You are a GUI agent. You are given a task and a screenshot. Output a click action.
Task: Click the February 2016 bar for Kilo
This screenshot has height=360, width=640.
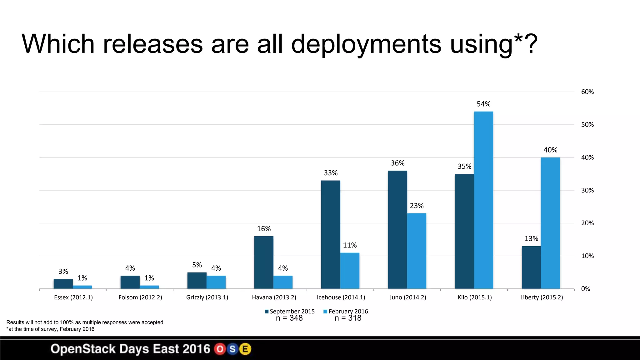483,200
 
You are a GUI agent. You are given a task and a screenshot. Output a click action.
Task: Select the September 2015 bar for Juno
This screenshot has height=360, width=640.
397,230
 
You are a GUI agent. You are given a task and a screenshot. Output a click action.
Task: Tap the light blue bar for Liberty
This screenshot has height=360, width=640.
550,223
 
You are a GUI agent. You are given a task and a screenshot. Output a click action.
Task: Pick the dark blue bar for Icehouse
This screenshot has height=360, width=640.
331,234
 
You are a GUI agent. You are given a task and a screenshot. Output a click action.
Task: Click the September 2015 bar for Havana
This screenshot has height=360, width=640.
264,262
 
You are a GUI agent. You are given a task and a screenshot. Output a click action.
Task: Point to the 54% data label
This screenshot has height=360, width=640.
483,104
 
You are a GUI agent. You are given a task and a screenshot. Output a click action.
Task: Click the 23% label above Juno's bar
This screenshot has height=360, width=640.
417,206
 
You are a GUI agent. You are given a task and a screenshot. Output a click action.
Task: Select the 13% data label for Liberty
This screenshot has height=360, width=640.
531,239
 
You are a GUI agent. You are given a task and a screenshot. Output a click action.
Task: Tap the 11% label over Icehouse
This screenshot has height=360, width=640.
350,245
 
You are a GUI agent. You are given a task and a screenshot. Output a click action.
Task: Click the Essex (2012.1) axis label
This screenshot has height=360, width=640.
73,297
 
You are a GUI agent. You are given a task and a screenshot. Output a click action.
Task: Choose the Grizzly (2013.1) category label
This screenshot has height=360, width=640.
207,297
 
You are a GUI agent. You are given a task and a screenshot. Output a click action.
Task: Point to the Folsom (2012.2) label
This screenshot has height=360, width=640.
140,297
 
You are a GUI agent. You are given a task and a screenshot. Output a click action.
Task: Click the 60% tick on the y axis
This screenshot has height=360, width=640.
587,92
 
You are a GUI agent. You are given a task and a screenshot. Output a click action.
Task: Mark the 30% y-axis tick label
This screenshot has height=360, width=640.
587,190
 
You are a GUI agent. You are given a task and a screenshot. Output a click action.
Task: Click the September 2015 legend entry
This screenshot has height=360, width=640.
290,312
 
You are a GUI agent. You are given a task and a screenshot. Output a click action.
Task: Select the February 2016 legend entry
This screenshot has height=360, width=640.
346,312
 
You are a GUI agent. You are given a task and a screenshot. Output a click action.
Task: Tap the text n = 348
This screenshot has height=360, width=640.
289,318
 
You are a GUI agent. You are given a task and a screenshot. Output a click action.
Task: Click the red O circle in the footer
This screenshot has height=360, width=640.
220,349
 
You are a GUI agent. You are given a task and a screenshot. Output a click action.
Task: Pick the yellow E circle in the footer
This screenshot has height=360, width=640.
245,349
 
